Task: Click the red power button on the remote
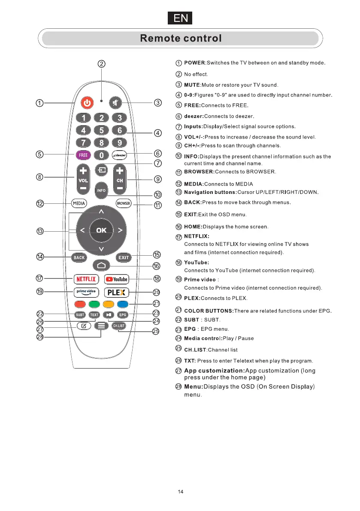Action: pyautogui.click(x=87, y=103)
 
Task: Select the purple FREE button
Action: pyautogui.click(x=83, y=155)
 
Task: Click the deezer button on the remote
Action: pyautogui.click(x=120, y=155)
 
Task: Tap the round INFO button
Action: pyautogui.click(x=101, y=190)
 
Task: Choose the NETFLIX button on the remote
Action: pyautogui.click(x=86, y=279)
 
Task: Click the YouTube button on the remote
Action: pyautogui.click(x=117, y=279)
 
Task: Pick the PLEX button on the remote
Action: pyautogui.click(x=117, y=293)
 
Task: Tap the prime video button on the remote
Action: pyautogui.click(x=86, y=293)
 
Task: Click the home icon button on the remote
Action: pyautogui.click(x=101, y=266)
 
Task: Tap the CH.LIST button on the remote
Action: pyautogui.click(x=119, y=326)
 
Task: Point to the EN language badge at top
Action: pyautogui.click(x=180, y=18)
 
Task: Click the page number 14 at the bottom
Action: pyautogui.click(x=181, y=492)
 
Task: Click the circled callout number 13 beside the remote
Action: pyautogui.click(x=40, y=232)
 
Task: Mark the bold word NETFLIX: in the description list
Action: pyautogui.click(x=197, y=236)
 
